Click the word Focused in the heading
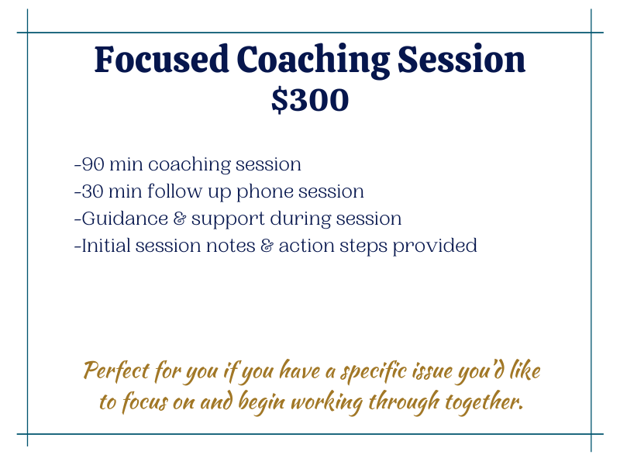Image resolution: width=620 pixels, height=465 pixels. click(162, 60)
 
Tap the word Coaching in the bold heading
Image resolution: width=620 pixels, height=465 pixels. click(314, 61)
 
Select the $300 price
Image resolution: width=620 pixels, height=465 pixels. click(310, 100)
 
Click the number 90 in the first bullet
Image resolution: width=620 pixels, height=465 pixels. click(93, 164)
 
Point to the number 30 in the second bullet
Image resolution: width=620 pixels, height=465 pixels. click(92, 191)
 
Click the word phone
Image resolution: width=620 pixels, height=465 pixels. click(265, 192)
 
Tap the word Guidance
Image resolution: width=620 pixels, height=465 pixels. click(125, 219)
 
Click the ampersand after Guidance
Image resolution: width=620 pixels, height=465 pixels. click(180, 219)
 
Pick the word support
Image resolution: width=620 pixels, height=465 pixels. click(228, 220)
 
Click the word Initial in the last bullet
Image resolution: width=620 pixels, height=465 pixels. click(106, 245)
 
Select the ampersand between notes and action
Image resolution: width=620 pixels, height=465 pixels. click(267, 246)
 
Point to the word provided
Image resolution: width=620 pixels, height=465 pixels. click(435, 246)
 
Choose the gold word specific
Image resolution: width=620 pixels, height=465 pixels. click(374, 372)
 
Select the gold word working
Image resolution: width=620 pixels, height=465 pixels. click(326, 403)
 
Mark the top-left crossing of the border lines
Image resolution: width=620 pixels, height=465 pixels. click(27, 33)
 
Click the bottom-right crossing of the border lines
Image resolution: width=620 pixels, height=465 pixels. click(591, 434)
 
